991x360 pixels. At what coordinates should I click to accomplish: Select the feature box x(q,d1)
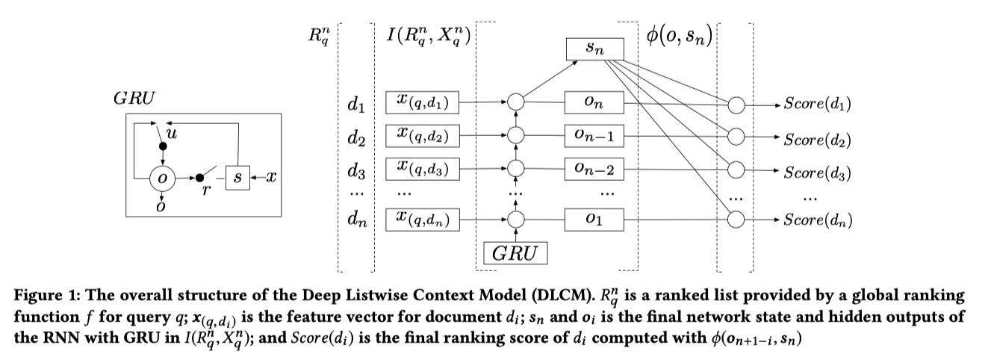point(422,102)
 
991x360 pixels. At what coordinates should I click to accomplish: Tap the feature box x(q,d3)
point(422,169)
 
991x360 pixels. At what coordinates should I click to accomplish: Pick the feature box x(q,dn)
point(422,220)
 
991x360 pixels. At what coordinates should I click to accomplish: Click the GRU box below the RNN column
point(515,252)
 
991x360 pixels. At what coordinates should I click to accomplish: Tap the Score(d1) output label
point(817,105)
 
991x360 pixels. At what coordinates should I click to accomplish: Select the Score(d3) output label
point(817,173)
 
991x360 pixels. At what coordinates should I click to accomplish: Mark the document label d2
point(357,138)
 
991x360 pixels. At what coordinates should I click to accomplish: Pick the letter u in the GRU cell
point(172,134)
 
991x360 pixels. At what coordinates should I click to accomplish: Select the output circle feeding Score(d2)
point(736,137)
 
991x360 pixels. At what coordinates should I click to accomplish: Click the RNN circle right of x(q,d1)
point(515,102)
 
